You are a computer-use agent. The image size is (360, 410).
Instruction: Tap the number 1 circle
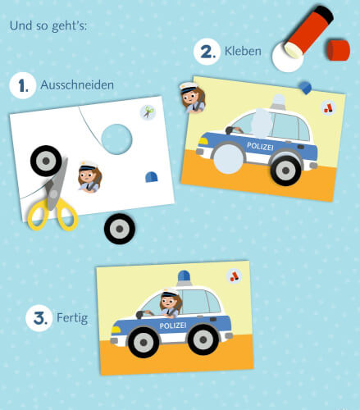[x=22, y=85]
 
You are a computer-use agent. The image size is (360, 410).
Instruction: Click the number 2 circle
[x=206, y=52]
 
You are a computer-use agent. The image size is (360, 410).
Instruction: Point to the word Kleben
[x=244, y=52]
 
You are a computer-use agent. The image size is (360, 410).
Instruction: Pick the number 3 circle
[x=38, y=317]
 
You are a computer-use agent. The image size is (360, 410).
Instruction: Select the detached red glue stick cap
[x=337, y=49]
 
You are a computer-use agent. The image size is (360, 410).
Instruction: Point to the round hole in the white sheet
[x=116, y=139]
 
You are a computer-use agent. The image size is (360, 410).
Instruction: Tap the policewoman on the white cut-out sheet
[x=88, y=177]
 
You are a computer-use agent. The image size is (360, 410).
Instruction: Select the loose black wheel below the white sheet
[x=119, y=227]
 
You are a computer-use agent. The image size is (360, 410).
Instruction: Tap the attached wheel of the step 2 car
[x=285, y=169]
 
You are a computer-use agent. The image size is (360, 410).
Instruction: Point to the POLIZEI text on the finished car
[x=173, y=326]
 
